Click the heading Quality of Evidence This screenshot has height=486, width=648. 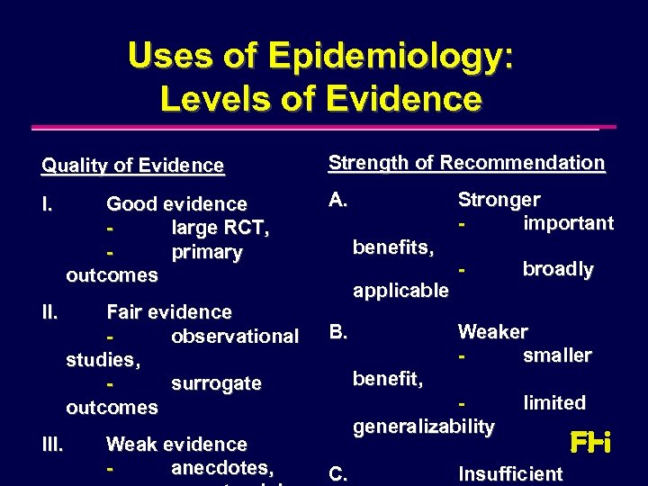(132, 166)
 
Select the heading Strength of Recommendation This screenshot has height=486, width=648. (466, 163)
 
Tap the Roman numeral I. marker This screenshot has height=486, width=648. (49, 204)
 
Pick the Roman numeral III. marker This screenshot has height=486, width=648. (53, 444)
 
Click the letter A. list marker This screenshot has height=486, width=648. (338, 200)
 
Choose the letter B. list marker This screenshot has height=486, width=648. (338, 332)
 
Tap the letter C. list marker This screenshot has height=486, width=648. (338, 473)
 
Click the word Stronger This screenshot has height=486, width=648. (499, 200)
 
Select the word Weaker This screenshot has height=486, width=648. (492, 332)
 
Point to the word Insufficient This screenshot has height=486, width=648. (510, 474)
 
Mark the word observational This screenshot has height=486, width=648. (234, 337)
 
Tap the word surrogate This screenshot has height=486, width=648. (216, 383)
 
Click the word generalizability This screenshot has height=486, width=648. (423, 426)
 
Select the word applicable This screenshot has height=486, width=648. (400, 291)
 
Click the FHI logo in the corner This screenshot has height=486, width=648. (590, 443)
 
